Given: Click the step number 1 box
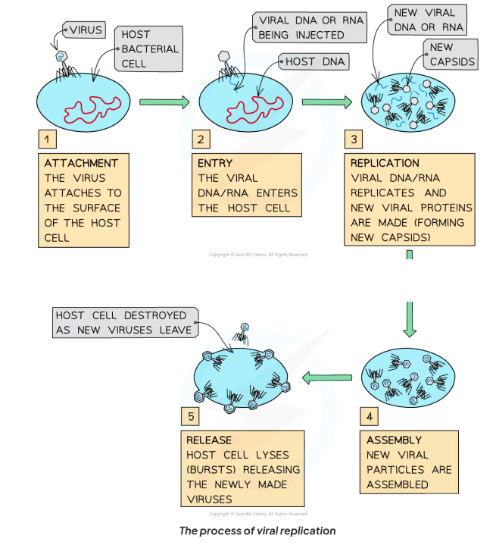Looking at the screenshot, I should tap(46, 139).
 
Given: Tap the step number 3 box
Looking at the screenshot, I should tap(354, 139).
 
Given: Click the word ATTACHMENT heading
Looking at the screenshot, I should tap(81, 163).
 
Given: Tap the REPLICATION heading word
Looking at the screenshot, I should tap(385, 163).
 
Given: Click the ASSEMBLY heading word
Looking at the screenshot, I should tap(394, 440).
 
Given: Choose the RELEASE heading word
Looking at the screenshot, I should tap(209, 440).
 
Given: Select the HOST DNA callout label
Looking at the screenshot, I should tap(312, 61).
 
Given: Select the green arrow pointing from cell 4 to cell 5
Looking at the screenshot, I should tap(327, 377).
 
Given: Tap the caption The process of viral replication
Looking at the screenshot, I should tap(257, 531).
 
